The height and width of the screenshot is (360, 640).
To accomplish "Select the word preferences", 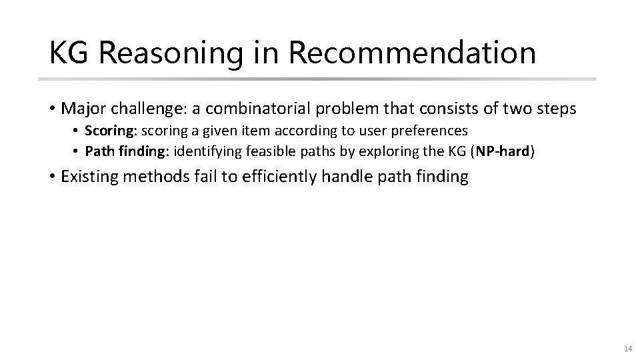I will (x=431, y=130).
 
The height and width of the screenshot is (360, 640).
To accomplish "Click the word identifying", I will (x=207, y=151).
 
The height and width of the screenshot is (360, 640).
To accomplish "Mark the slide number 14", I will (x=627, y=348).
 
